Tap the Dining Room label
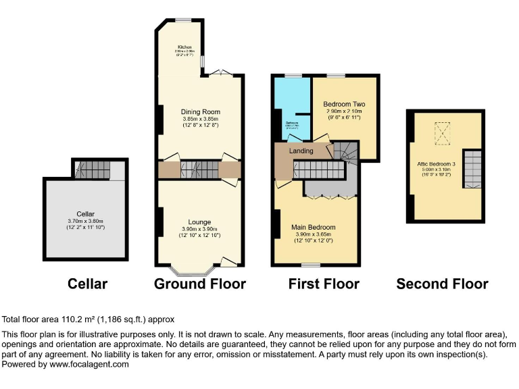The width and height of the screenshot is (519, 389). click(200, 112)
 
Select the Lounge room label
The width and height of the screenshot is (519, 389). click(199, 222)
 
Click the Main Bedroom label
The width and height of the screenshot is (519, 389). click(313, 228)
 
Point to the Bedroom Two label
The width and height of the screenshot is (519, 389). click(344, 104)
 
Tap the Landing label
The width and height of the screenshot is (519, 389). click(301, 151)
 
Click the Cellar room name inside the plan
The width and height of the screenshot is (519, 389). click(85, 214)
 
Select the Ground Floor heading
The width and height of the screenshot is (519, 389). click(200, 284)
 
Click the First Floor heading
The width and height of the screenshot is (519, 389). click(324, 284)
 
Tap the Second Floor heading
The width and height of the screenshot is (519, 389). click(442, 284)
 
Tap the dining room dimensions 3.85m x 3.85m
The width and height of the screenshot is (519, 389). click(200, 119)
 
